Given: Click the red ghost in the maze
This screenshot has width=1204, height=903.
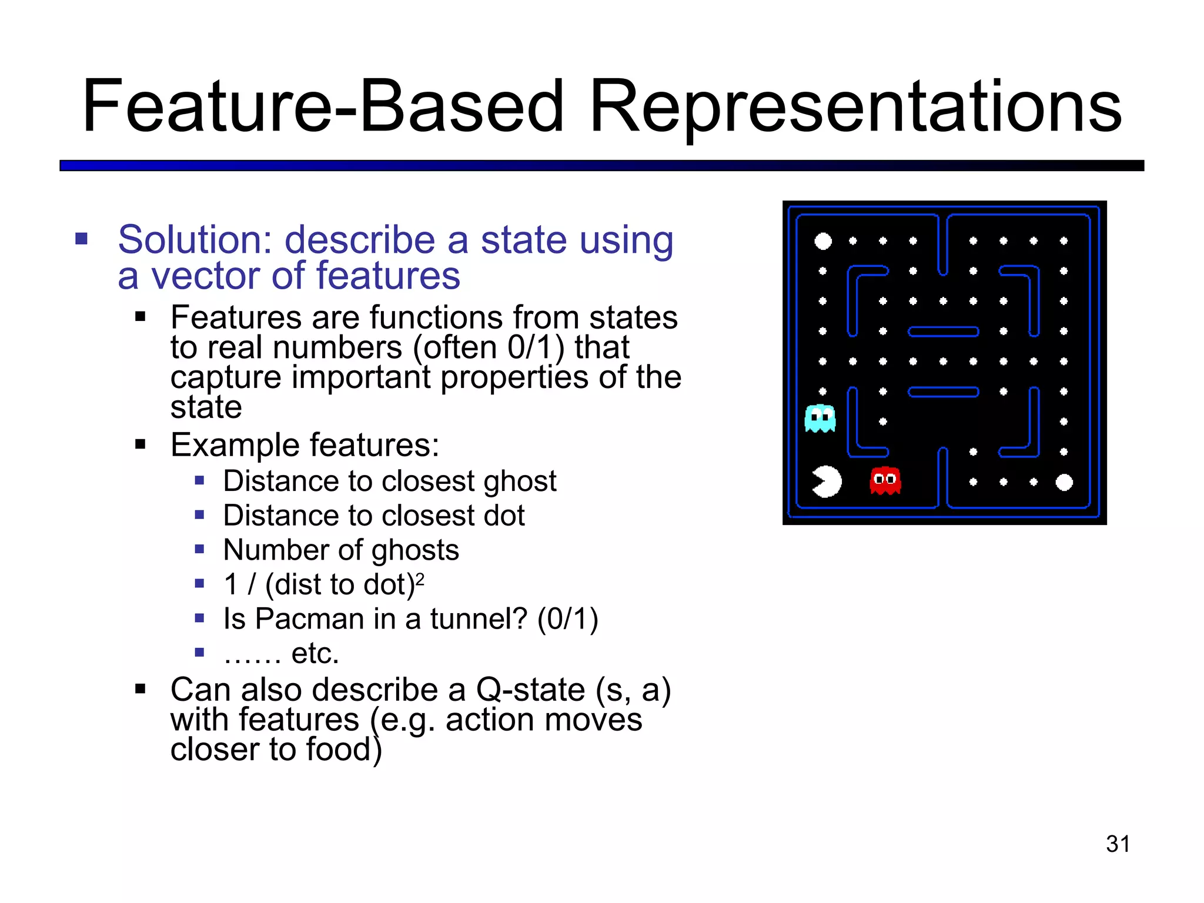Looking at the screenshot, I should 885,480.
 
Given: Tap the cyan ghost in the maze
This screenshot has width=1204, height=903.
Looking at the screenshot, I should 820,418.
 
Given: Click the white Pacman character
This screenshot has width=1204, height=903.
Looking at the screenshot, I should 827,481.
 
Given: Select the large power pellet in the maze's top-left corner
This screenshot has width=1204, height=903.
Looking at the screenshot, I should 823,241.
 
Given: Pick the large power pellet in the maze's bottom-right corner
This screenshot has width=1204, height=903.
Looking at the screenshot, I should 1064,482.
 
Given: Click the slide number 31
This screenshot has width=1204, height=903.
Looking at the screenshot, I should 1118,844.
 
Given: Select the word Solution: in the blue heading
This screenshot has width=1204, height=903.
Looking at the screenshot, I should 195,240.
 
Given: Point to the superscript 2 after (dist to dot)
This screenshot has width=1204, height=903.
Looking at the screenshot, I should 420,579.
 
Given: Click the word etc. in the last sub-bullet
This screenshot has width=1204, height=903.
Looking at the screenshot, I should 315,653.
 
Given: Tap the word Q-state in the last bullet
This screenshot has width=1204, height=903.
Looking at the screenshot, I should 530,690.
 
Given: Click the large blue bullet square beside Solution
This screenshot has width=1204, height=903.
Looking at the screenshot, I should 82,239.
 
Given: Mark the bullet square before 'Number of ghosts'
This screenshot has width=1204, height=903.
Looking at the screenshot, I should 200,550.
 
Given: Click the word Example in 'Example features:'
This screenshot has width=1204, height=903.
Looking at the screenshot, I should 235,445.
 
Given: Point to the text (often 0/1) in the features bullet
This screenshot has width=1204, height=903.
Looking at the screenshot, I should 489,347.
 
